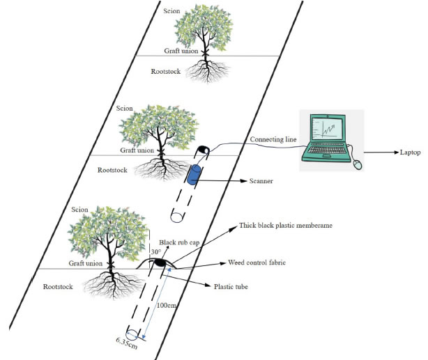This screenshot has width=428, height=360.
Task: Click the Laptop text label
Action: (410, 152)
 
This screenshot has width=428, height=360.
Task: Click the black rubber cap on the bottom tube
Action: (160, 263)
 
